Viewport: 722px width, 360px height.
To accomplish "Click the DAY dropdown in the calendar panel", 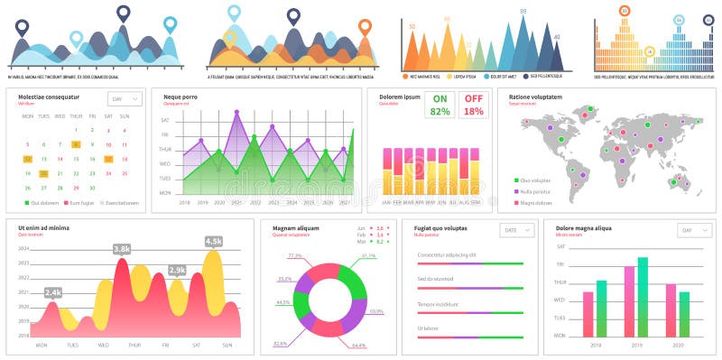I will [x=125, y=99].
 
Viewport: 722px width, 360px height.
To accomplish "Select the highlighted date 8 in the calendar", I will [x=76, y=144].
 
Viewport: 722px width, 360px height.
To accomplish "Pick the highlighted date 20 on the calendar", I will [x=43, y=173].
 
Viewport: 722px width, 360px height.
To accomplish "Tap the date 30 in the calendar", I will [x=92, y=187].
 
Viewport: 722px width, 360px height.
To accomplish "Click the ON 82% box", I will [x=440, y=106].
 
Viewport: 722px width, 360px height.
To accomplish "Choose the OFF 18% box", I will [x=473, y=106].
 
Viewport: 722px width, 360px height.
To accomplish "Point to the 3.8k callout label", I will [x=122, y=248].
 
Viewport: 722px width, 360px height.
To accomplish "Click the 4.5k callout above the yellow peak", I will [x=214, y=241].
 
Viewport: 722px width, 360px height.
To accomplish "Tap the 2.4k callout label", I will [x=53, y=292].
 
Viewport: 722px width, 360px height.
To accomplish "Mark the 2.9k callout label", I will [x=177, y=270].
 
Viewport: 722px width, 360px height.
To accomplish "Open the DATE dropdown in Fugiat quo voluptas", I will [x=516, y=231].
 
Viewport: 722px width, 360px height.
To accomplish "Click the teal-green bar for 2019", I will [x=643, y=297].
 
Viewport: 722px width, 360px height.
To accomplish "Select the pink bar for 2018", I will [x=588, y=314].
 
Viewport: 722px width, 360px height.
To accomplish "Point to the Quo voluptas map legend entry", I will [x=532, y=180].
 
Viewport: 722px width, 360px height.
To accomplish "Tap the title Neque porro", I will [x=180, y=97].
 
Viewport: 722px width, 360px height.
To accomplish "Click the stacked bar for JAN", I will [x=387, y=171].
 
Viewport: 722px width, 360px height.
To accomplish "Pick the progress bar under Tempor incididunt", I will [x=470, y=312].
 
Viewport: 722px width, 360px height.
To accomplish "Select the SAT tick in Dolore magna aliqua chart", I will [x=560, y=246].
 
